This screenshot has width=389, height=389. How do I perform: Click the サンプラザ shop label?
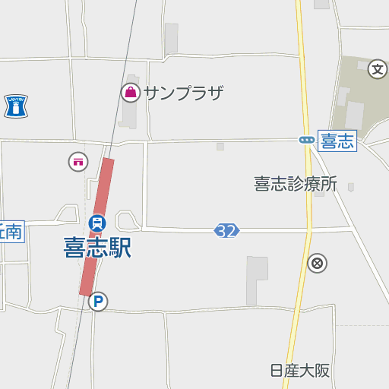(x=183, y=93)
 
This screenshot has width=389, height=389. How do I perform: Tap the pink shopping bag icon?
(x=130, y=93)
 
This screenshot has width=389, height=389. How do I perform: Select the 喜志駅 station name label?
(x=97, y=248)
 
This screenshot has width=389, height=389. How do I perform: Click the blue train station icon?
(x=96, y=223)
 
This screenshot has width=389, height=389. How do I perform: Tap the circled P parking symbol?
(x=97, y=302)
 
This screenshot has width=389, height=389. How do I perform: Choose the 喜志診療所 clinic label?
(x=295, y=184)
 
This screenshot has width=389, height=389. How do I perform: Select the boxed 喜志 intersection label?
(x=337, y=141)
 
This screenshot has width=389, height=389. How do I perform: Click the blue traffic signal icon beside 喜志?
(x=306, y=140)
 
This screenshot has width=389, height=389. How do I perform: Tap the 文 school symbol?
(x=378, y=70)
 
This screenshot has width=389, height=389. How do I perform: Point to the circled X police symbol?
(x=317, y=264)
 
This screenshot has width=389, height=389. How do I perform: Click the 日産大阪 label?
(x=300, y=371)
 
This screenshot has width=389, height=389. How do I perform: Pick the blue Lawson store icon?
(x=15, y=106)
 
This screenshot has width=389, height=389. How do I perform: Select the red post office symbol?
(x=78, y=161)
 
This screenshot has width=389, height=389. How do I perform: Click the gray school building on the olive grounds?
(x=354, y=114)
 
